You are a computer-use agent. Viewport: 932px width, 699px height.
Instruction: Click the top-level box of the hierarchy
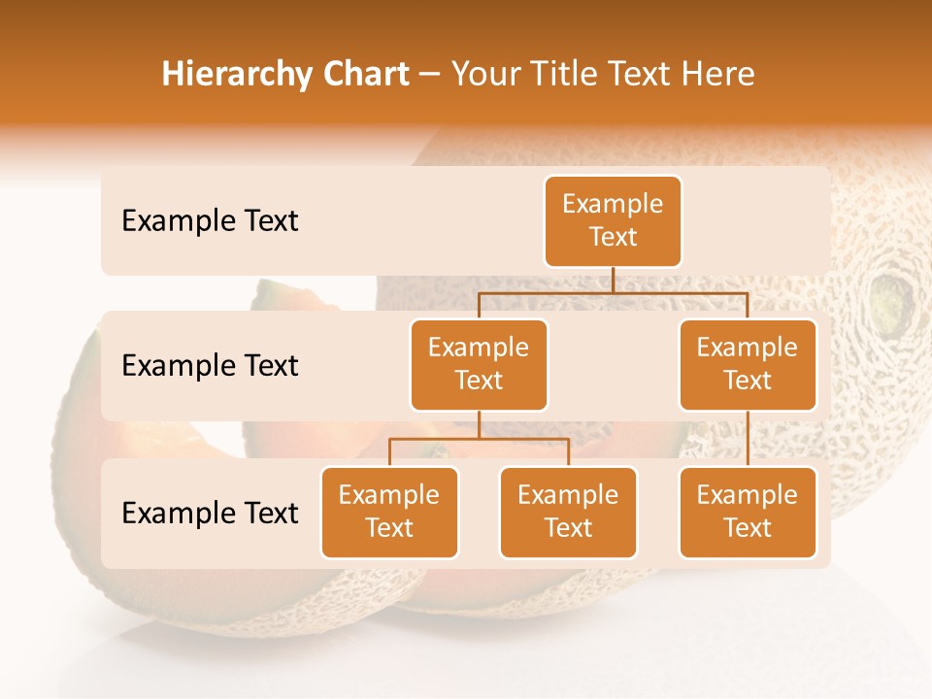click(613, 221)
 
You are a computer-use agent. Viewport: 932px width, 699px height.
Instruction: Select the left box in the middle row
click(479, 364)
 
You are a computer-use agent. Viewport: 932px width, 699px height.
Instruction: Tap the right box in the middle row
click(748, 364)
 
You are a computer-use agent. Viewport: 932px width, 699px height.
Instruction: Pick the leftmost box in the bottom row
click(389, 512)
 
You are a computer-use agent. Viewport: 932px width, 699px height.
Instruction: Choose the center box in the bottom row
click(568, 512)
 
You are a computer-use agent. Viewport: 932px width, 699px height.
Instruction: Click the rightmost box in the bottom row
click(748, 512)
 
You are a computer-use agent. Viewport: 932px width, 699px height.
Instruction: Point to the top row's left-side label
click(210, 221)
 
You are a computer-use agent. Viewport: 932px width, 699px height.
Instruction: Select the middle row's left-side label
click(210, 366)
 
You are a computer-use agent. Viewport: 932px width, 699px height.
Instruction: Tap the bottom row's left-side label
click(210, 513)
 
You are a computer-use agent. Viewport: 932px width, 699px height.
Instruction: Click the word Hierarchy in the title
click(238, 75)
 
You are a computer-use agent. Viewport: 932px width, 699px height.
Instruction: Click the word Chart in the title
click(365, 74)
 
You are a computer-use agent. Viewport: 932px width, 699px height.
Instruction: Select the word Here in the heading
click(718, 74)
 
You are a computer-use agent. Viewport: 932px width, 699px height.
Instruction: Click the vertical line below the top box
click(613, 279)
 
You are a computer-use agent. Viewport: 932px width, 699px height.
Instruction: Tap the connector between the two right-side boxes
click(748, 438)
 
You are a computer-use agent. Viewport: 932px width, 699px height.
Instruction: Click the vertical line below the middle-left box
click(479, 424)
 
